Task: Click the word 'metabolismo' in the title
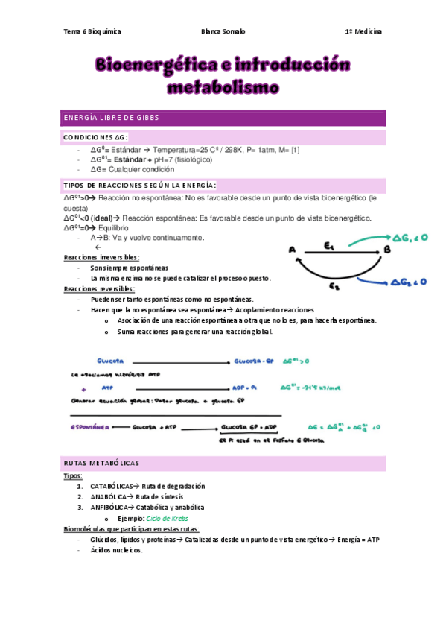[223, 88]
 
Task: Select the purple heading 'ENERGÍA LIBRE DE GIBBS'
[111, 118]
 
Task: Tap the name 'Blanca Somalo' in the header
[223, 32]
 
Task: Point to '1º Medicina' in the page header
[363, 32]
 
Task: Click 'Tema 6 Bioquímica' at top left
[93, 32]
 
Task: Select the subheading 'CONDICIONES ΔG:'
[96, 138]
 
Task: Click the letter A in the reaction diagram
[291, 250]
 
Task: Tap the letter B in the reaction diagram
[386, 250]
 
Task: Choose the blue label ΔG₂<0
[410, 282]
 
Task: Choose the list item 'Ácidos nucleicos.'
[115, 550]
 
